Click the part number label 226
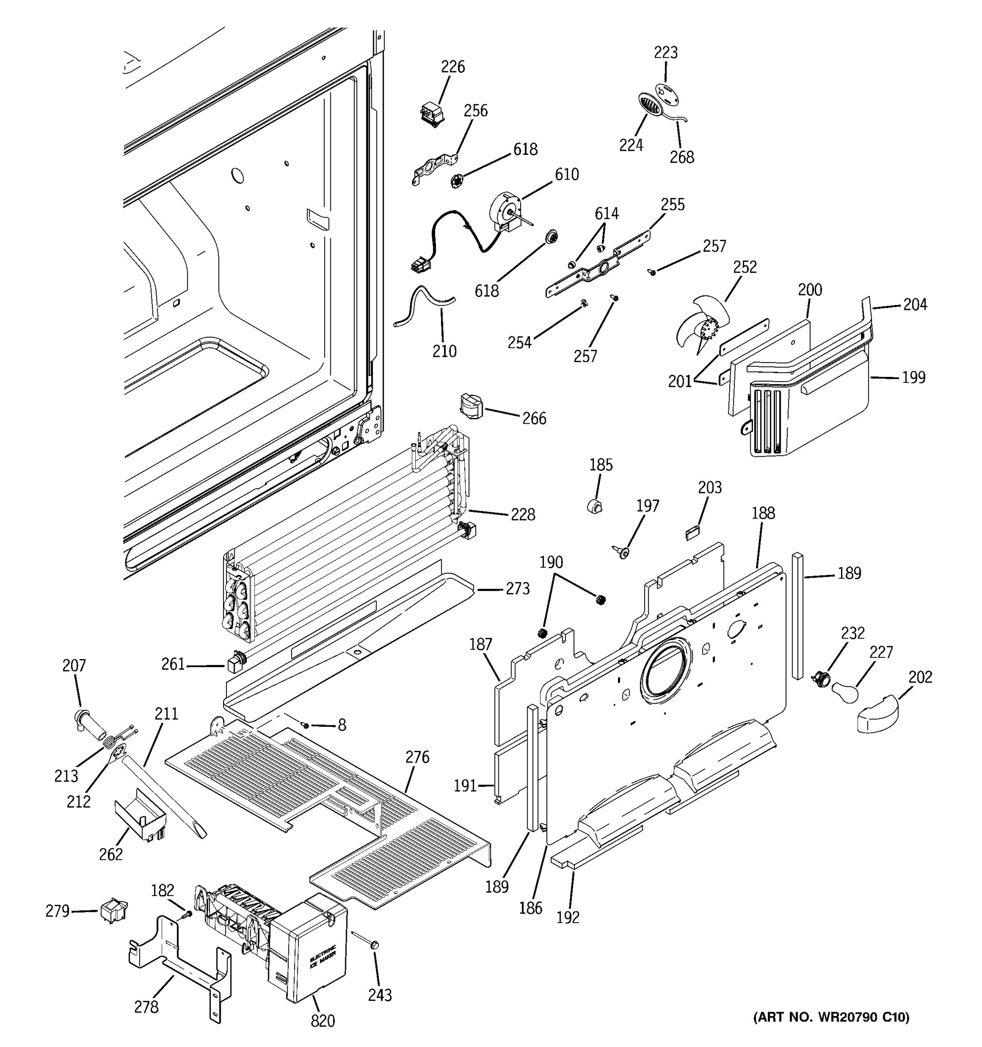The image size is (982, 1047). point(453,67)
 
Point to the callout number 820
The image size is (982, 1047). point(323,1021)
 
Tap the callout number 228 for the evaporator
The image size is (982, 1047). point(522,514)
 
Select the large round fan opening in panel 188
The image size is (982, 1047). point(666,673)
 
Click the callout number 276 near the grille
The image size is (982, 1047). point(417,757)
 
